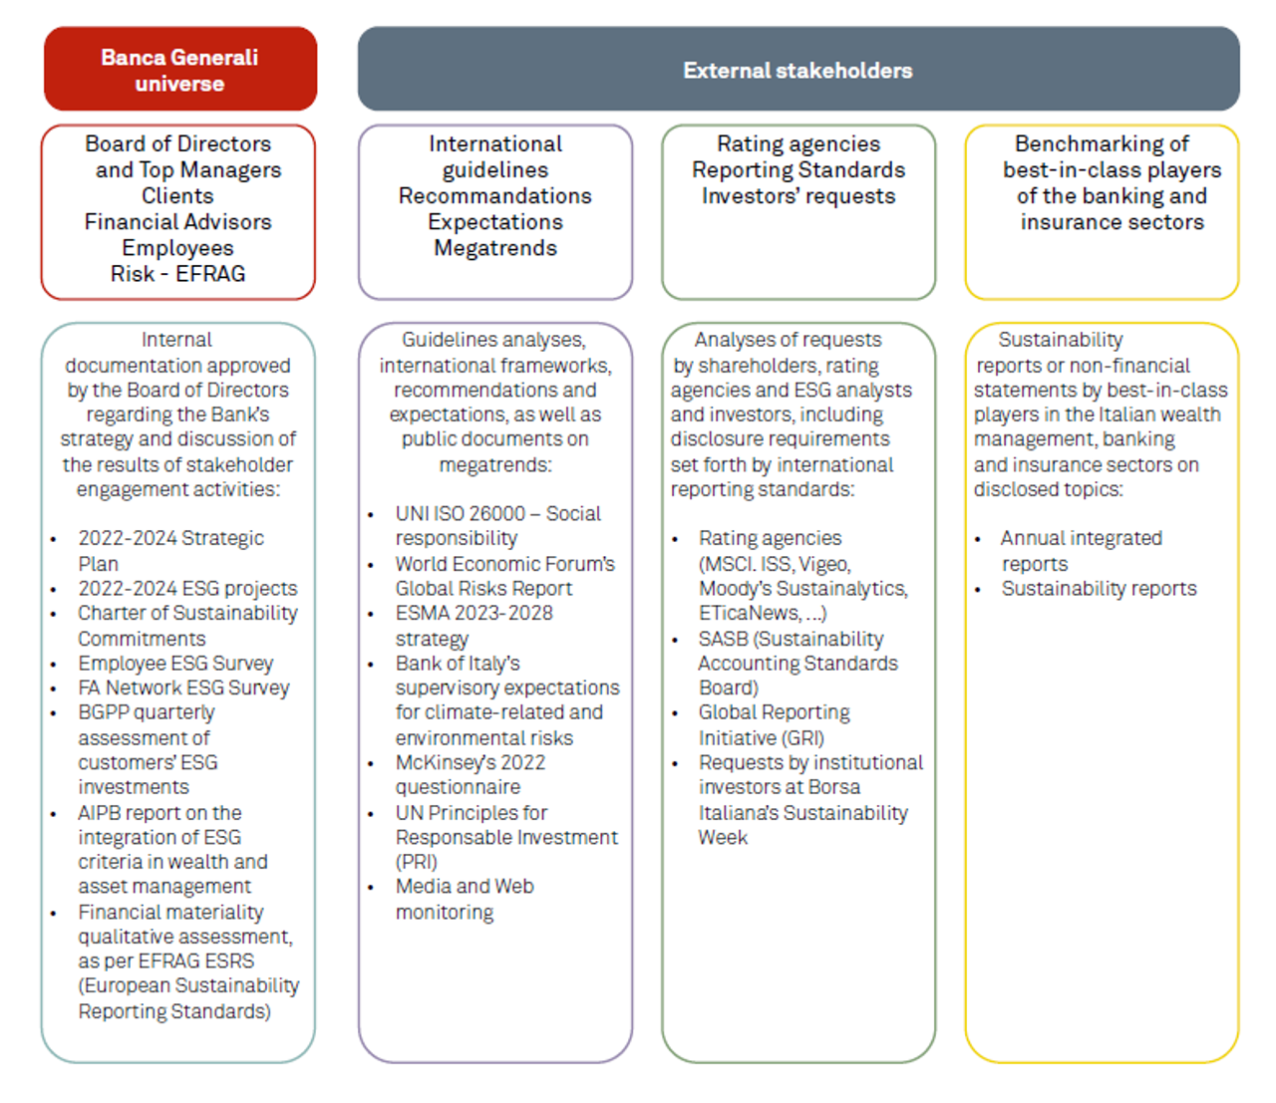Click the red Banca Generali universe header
tap(179, 70)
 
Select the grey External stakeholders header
tap(797, 70)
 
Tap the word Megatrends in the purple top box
tap(495, 248)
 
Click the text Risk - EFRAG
tap(177, 274)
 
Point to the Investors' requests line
tap(797, 196)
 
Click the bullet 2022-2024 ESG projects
tap(187, 589)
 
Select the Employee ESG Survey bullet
tap(175, 664)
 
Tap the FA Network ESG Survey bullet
tap(183, 689)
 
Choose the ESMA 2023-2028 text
tap(474, 614)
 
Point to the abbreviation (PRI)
tap(416, 862)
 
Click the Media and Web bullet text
tap(465, 887)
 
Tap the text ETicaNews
tap(749, 614)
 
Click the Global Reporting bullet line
tap(774, 713)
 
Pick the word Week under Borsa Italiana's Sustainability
tap(723, 838)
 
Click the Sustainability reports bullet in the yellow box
tap(1099, 589)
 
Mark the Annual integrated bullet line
tap(1082, 539)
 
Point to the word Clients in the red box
tap(177, 196)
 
